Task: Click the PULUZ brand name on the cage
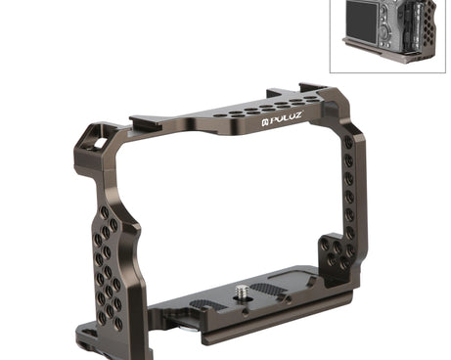coord(286,118)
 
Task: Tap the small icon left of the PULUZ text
coord(265,122)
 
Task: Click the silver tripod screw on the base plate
coord(242,290)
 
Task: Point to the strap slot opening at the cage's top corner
coord(101,143)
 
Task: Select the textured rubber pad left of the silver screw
coord(204,304)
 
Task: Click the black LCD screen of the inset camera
coord(361,22)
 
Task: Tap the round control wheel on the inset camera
coord(385,30)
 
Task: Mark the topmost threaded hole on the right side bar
coord(348,142)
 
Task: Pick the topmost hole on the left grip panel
coord(105,212)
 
